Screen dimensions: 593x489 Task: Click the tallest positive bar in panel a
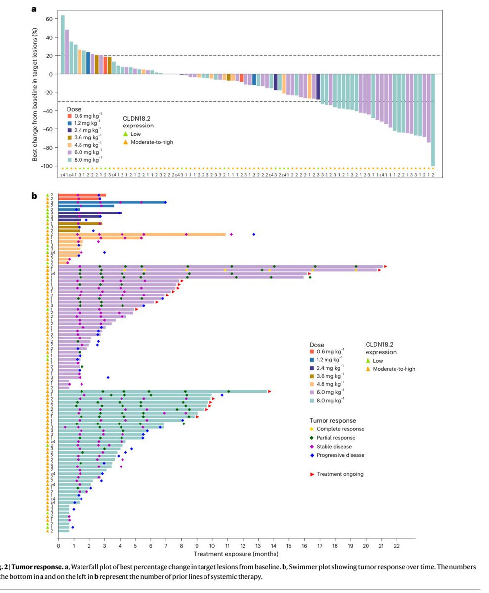[63, 44]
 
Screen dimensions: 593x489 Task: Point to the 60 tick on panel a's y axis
[49, 19]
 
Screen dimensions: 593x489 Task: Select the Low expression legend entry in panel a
[132, 134]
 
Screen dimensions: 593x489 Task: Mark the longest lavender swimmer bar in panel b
[220, 267]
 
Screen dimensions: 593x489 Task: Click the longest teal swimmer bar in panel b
[163, 392]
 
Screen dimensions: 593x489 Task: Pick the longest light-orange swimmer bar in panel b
[142, 234]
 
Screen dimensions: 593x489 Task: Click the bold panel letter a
[34, 8]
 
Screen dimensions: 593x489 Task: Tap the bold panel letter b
[35, 196]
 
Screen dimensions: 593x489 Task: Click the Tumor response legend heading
[332, 420]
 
